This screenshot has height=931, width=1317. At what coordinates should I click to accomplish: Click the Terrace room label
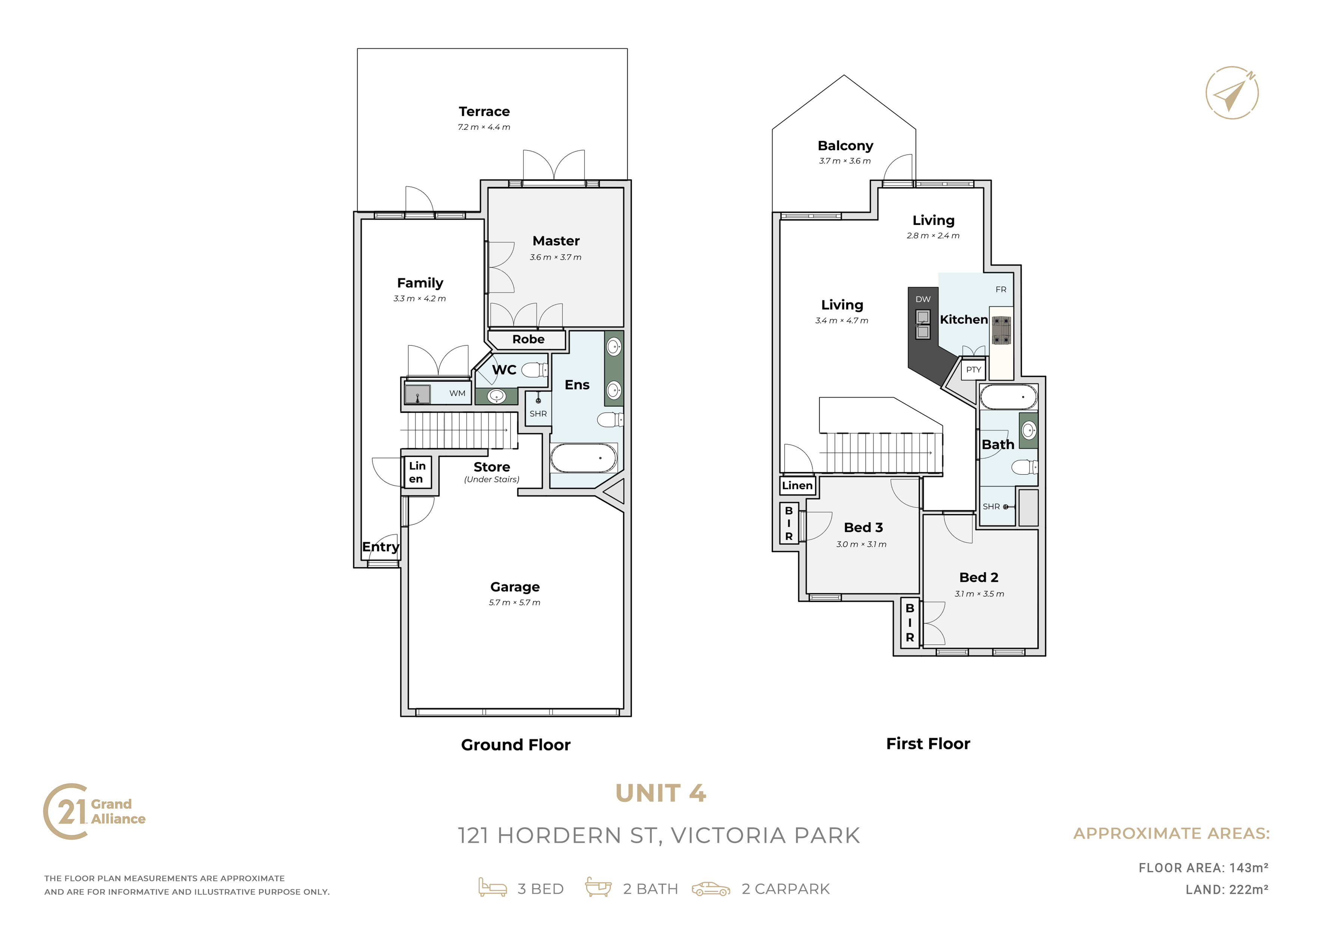[x=484, y=111]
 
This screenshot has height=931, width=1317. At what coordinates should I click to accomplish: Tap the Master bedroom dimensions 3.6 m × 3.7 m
[x=555, y=257]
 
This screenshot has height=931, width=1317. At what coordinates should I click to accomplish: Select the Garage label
[x=515, y=587]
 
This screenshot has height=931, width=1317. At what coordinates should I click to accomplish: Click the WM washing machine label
[x=457, y=393]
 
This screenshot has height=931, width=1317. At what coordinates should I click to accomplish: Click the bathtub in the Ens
[x=583, y=458]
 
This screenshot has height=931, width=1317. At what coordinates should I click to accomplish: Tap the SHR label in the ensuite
[x=538, y=414]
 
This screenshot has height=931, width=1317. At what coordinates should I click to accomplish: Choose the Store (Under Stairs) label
[x=491, y=472]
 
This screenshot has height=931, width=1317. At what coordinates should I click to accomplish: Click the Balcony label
[x=845, y=146]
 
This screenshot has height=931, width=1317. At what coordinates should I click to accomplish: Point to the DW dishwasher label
[x=923, y=299]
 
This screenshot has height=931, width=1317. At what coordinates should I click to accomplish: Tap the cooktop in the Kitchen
[x=1002, y=330]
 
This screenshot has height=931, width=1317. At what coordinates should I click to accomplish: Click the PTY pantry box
[x=973, y=369]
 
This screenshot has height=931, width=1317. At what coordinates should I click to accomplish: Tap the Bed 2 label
[x=979, y=577]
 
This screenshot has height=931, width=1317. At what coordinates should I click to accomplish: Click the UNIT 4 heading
[x=660, y=793]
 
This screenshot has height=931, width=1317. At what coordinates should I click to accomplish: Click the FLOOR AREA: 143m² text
[x=1203, y=868]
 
